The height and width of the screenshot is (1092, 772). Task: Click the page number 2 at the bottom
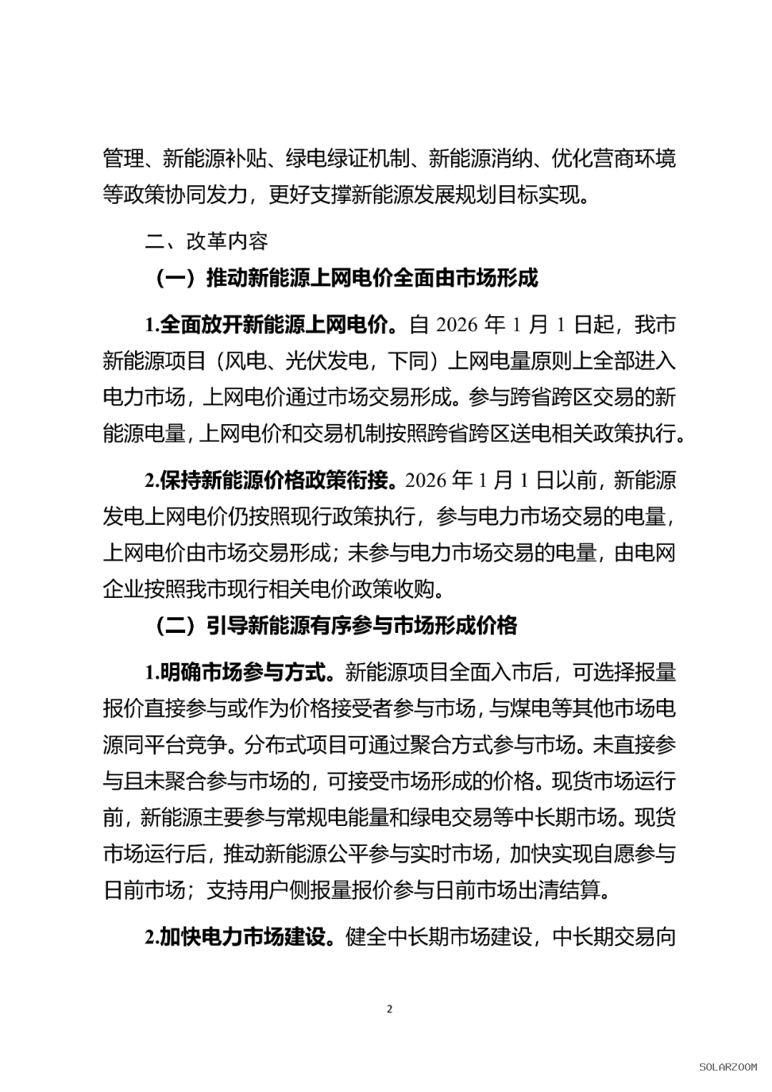click(390, 1009)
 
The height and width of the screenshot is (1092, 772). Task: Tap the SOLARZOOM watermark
click(727, 1066)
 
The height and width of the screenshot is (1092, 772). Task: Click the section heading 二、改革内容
click(207, 241)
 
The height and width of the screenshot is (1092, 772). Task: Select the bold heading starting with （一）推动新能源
click(346, 277)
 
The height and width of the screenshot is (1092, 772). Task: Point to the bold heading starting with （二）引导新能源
click(335, 626)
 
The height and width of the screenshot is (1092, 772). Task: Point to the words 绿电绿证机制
click(347, 158)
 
